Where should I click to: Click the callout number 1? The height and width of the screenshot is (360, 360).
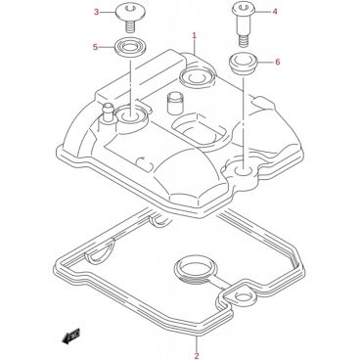194,35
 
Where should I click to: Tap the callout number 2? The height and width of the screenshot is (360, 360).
197,355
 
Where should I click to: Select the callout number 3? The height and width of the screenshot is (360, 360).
96,12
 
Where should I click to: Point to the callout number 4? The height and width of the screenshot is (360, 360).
275,12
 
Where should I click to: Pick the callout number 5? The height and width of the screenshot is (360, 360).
95,47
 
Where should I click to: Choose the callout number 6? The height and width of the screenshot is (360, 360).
278,62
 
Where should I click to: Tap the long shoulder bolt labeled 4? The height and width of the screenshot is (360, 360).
243,23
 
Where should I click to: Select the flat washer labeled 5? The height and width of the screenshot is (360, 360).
130,47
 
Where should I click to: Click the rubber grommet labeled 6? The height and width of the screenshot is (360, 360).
243,65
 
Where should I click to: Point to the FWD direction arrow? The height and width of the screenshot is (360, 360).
70,337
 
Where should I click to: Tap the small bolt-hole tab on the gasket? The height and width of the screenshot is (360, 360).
241,295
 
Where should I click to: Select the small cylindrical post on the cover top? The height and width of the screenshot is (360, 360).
174,103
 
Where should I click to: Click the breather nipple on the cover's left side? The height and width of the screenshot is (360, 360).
108,113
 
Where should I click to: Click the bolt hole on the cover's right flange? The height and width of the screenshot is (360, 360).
244,170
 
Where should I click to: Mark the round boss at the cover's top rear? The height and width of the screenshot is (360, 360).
197,76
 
